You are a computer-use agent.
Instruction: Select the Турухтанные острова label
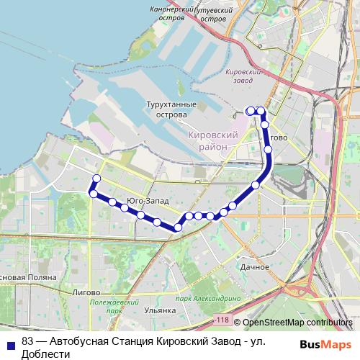pos(171,109)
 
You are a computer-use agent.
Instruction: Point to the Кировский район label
pos(212,140)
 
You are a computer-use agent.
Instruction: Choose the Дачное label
pos(254,266)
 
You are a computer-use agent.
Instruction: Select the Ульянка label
pos(160,310)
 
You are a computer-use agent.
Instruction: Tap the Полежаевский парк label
pos(106,307)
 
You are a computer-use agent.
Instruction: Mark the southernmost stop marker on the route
pos(177,228)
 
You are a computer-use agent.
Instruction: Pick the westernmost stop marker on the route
pos(92,193)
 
